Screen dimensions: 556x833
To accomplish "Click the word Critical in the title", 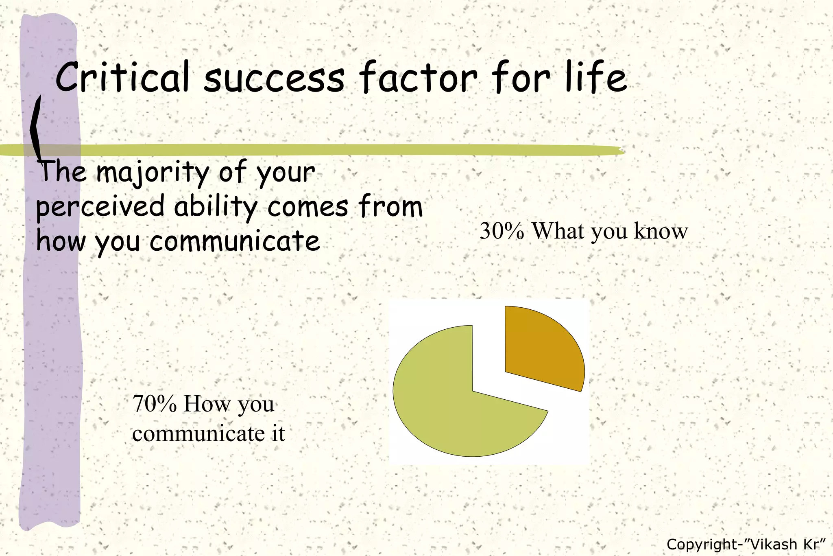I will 122,77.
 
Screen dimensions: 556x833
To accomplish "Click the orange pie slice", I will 543,348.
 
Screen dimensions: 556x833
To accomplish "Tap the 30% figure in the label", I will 502,231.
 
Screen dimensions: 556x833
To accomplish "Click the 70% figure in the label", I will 155,404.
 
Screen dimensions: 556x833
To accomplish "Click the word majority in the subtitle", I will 153,173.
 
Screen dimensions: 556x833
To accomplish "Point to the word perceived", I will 100,207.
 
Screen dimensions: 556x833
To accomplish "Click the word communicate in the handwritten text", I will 235,241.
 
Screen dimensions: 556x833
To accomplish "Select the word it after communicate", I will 278,433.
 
